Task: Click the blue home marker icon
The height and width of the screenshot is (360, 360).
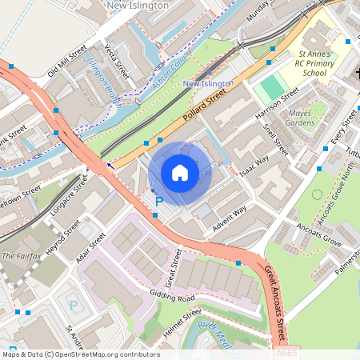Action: tap(180, 172)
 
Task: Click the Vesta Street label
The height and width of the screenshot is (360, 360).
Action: tap(117, 62)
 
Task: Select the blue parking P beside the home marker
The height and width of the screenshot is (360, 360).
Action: tap(158, 201)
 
